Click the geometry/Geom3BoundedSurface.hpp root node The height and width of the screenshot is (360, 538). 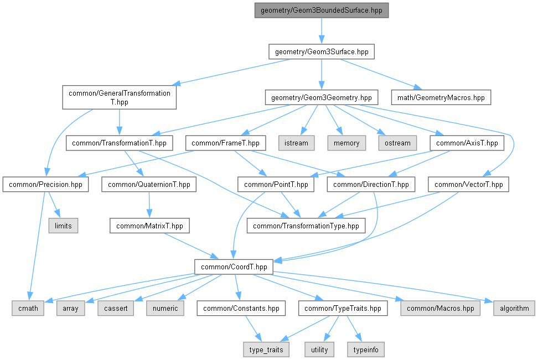click(321, 11)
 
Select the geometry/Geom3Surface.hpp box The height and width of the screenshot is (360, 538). click(321, 52)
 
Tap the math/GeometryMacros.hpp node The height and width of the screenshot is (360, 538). click(441, 98)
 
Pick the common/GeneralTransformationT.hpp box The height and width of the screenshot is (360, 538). click(120, 97)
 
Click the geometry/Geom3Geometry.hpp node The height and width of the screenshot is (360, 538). click(321, 98)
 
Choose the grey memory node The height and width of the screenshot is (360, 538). click(346, 143)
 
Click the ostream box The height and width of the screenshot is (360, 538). click(397, 143)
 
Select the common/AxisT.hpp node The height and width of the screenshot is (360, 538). click(467, 143)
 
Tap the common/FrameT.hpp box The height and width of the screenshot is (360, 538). click(225, 143)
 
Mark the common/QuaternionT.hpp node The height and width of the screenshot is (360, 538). click(149, 185)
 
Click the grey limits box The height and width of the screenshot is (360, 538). click(63, 226)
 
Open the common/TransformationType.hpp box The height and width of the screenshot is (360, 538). click(306, 226)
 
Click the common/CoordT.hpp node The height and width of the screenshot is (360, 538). click(234, 267)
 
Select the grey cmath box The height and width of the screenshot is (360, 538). click(28, 308)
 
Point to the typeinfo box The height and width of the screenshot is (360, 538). click(365, 349)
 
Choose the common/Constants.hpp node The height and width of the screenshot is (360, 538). click(242, 308)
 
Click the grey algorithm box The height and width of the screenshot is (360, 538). click(515, 308)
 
